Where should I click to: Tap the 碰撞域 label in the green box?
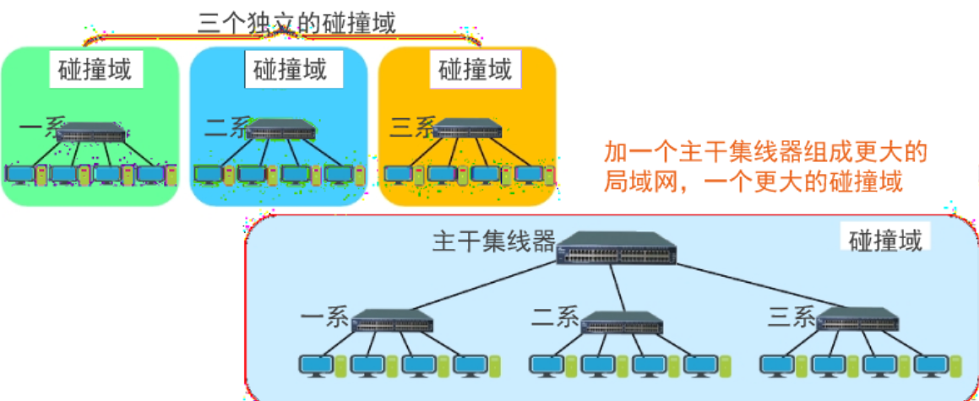coord(95,69)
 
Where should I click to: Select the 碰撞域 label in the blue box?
coord(290,69)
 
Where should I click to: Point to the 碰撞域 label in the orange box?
coord(476,69)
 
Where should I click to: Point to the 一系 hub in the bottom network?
coord(392,321)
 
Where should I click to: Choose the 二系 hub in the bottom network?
coord(624,322)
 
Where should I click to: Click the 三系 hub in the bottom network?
coord(857,319)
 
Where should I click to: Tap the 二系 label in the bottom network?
coord(555,317)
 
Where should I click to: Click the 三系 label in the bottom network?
coord(791,317)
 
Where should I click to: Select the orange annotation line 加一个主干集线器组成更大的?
coord(766,153)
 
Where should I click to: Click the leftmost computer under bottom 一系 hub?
coord(316,365)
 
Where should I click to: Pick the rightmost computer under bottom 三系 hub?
coord(931,365)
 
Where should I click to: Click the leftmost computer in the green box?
coord(18,175)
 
